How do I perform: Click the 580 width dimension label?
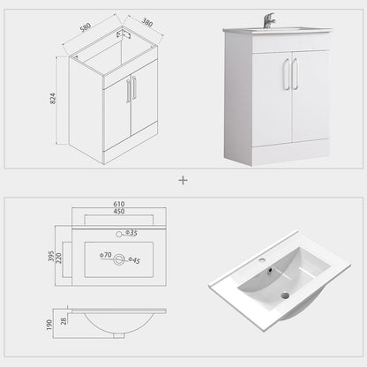(x=86, y=27)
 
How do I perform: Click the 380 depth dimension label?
(x=147, y=22)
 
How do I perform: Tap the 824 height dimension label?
(x=53, y=99)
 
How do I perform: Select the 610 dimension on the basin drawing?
(x=119, y=204)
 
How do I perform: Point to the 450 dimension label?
(x=119, y=211)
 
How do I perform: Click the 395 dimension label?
(x=51, y=256)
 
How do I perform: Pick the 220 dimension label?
(x=59, y=258)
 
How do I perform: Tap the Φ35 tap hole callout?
(x=131, y=233)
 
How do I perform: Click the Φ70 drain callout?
(x=106, y=255)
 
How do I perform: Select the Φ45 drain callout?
(x=134, y=260)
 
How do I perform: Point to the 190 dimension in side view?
(x=49, y=325)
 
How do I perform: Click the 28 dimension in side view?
(x=64, y=321)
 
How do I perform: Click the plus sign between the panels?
(x=183, y=180)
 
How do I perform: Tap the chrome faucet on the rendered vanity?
(x=268, y=20)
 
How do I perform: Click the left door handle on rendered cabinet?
(x=287, y=74)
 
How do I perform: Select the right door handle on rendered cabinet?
(x=295, y=73)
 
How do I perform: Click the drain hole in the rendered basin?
(x=285, y=296)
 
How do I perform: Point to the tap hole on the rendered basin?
(x=262, y=260)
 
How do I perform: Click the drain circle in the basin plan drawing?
(x=119, y=260)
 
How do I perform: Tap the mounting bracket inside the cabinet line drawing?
(x=124, y=32)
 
